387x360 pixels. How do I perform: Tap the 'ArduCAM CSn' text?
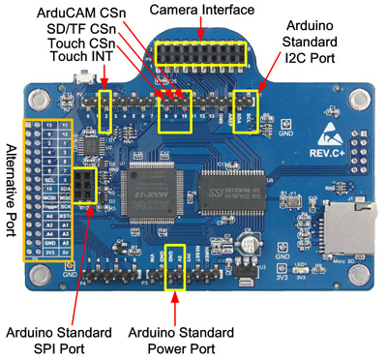pos(79,12)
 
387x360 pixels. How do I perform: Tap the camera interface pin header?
pos(201,53)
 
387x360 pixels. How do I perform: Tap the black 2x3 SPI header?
pos(85,184)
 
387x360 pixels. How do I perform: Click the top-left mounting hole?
pos(41,100)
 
